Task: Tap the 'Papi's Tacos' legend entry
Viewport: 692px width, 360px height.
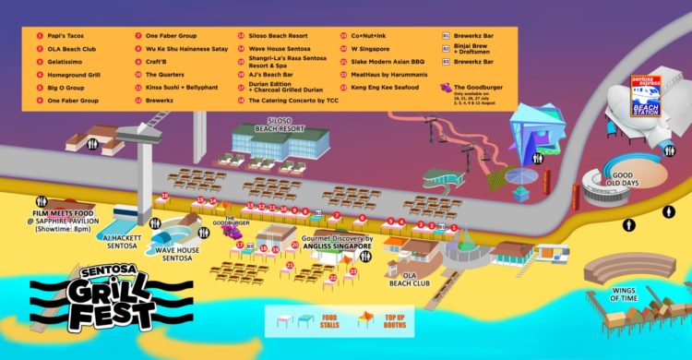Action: coord(61,36)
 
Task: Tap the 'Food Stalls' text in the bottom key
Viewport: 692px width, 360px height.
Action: coord(329,318)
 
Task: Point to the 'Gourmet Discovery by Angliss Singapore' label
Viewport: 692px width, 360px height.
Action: coord(337,242)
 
